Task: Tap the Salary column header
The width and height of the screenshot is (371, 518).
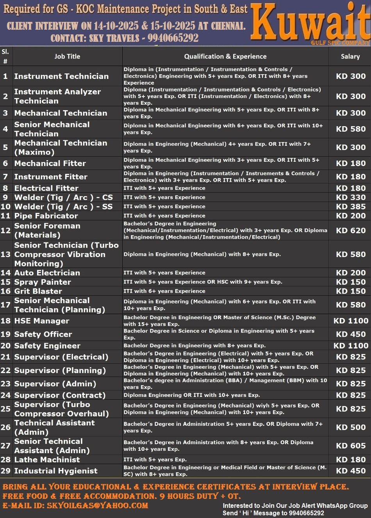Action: click(350, 57)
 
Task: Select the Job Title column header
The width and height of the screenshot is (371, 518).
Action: click(67, 57)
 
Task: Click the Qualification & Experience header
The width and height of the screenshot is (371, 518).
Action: click(225, 57)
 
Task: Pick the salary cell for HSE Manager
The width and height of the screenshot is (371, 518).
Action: click(351, 321)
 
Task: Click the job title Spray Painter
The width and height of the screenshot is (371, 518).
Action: click(43, 282)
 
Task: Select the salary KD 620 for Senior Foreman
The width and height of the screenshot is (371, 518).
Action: click(351, 230)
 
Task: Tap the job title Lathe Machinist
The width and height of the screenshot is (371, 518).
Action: click(47, 460)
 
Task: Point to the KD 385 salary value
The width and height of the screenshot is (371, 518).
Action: click(351, 207)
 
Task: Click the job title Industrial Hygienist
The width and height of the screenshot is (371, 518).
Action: click(56, 471)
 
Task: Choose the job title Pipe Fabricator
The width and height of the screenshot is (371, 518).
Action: click(46, 216)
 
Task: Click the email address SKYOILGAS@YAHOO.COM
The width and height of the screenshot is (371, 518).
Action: click(97, 505)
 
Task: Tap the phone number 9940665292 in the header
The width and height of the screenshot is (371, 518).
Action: click(173, 38)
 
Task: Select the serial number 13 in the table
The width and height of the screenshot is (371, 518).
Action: click(5, 254)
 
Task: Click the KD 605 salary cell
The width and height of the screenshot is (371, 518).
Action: click(351, 446)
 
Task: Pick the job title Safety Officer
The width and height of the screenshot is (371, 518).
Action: click(43, 334)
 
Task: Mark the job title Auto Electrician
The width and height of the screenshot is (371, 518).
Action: click(47, 273)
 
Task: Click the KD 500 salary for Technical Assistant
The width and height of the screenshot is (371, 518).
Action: click(351, 427)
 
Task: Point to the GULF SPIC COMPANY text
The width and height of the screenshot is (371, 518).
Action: click(340, 43)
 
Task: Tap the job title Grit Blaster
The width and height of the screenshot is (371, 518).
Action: click(38, 291)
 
